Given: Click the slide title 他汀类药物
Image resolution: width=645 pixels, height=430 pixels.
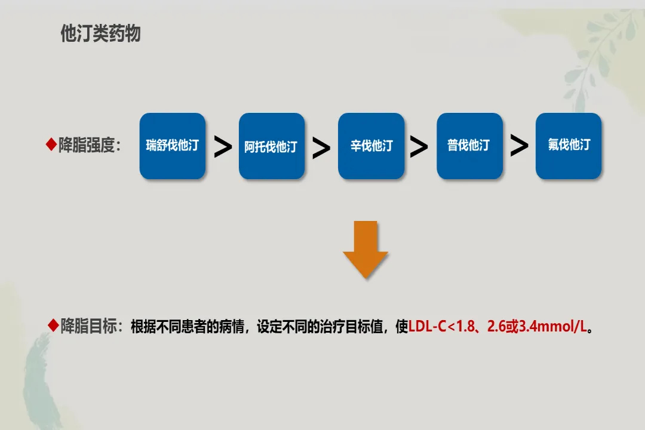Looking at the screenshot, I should (x=100, y=34).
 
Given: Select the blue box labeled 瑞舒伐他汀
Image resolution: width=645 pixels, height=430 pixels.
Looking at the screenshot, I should (x=173, y=146).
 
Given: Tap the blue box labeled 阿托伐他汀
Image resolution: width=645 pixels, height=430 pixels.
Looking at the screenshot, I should (x=272, y=146).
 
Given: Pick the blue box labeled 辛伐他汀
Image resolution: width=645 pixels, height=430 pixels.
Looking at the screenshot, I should (x=371, y=146).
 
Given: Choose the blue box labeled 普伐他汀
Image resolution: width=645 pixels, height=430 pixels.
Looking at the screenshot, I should (x=469, y=146).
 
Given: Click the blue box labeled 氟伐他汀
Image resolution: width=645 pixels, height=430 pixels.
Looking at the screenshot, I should (x=569, y=146).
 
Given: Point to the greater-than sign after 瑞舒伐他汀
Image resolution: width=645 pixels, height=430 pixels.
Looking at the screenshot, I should (x=223, y=148).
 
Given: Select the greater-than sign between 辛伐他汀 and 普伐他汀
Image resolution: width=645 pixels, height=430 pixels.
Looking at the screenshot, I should (x=419, y=147).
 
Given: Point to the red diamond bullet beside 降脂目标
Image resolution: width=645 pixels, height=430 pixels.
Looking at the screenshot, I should (x=53, y=326).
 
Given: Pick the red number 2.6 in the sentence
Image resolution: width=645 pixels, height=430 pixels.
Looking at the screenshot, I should (x=496, y=327).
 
